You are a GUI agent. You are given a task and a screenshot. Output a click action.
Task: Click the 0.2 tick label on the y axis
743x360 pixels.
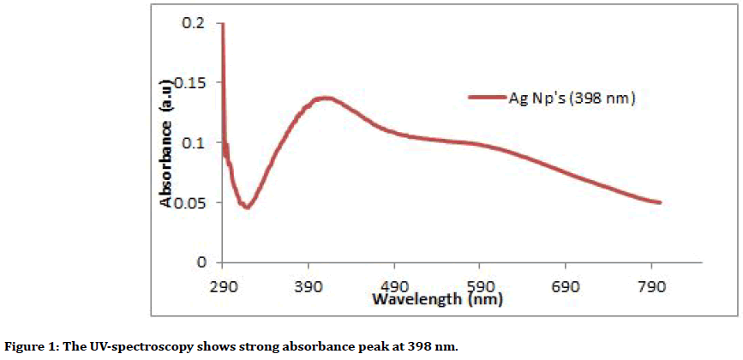(194, 23)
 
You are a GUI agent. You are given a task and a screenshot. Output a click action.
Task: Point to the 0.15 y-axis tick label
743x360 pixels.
(190, 83)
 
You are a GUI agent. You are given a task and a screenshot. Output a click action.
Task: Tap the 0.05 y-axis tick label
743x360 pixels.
(190, 202)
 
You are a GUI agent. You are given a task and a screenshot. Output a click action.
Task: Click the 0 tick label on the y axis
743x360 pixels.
(201, 261)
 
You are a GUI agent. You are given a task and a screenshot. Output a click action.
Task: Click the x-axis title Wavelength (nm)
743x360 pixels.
(437, 300)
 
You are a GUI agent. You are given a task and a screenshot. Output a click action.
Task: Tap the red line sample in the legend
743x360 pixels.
(489, 99)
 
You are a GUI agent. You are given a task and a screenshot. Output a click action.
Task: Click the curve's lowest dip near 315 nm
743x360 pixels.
(246, 207)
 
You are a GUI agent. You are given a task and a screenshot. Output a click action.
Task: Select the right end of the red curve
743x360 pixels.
(660, 202)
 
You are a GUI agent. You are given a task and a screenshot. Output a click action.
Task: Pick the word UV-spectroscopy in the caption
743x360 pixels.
(141, 346)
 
